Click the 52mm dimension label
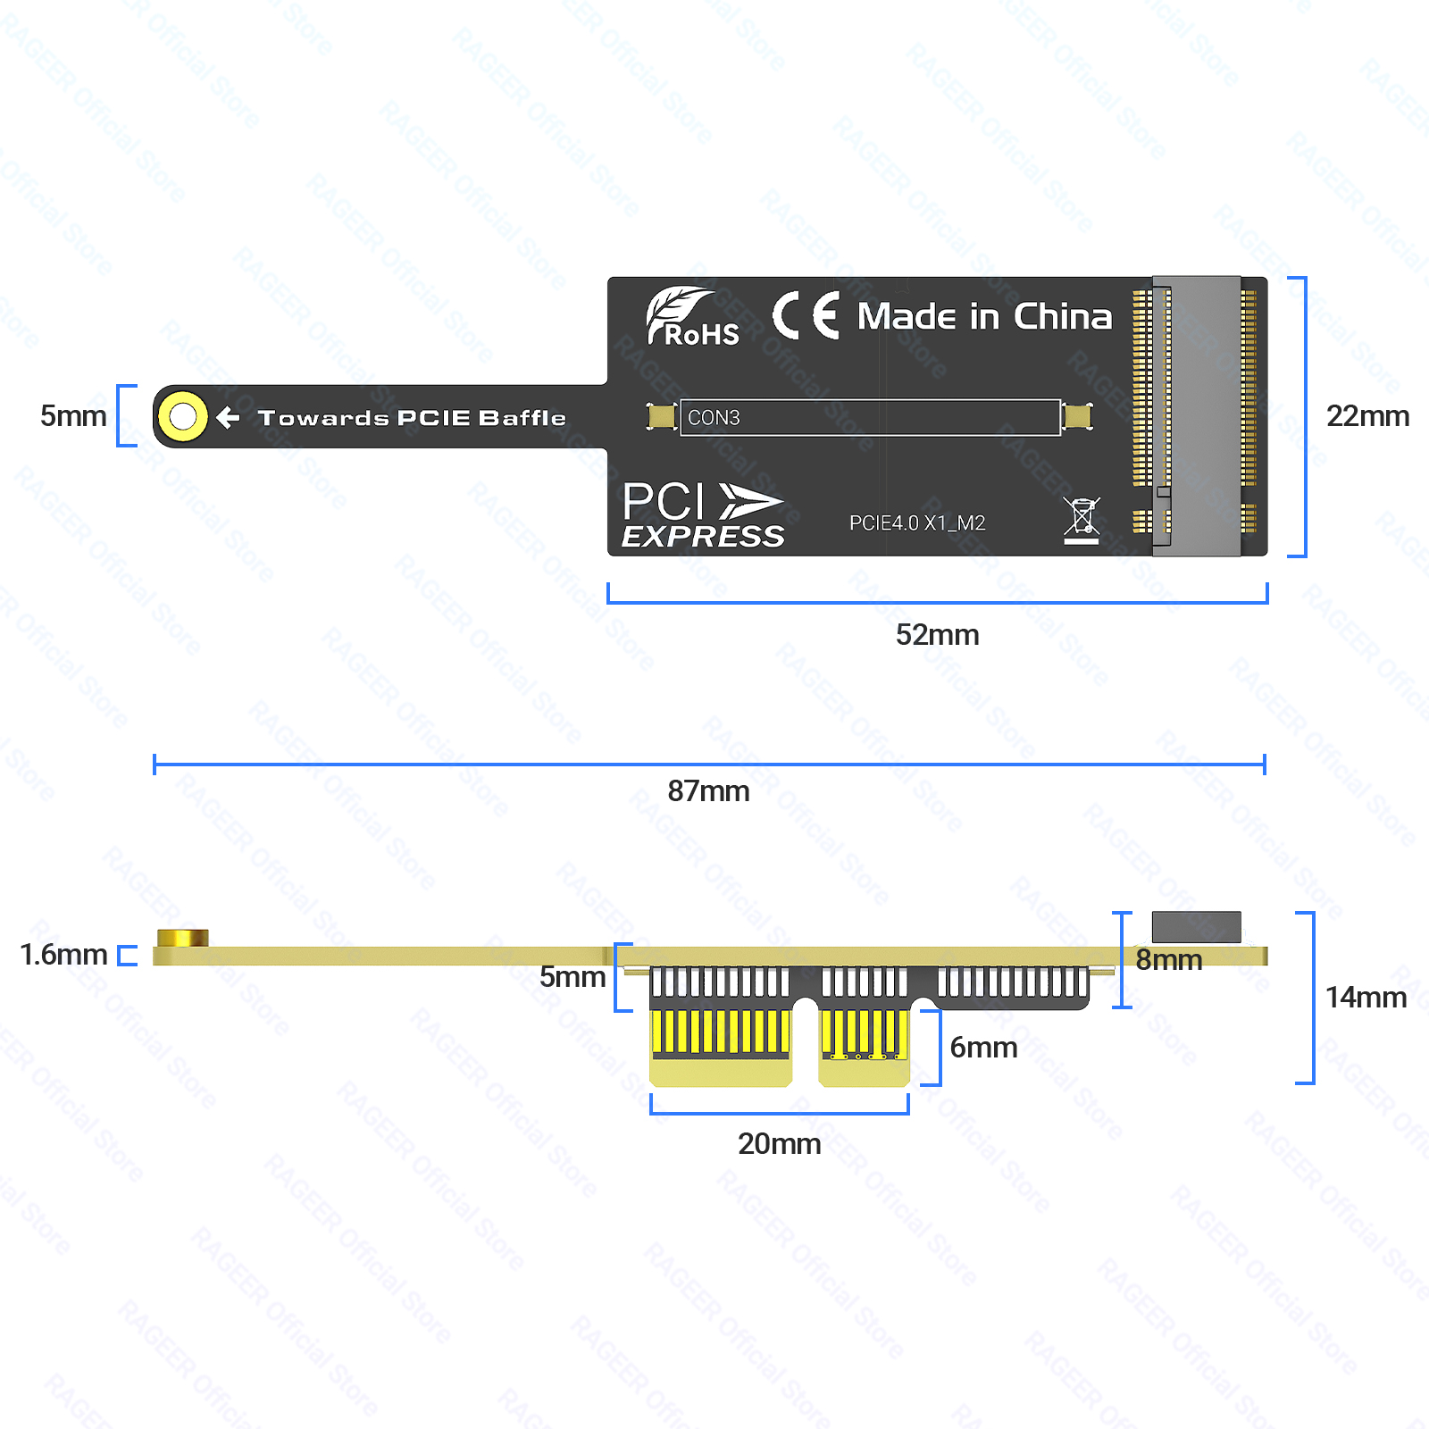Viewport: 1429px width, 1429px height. click(937, 635)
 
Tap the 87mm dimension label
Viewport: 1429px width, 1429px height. click(708, 791)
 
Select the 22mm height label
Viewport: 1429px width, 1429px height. click(1367, 416)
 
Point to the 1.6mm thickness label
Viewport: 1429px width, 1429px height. click(63, 955)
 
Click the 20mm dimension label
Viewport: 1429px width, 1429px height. click(779, 1144)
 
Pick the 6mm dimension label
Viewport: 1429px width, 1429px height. click(983, 1048)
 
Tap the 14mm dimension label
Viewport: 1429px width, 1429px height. click(1366, 998)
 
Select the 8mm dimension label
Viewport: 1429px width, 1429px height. click(1169, 960)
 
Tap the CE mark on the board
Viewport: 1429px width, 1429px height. click(806, 315)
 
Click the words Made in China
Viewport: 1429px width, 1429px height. click(985, 317)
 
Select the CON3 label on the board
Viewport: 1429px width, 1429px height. click(714, 418)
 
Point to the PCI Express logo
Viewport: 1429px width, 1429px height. click(703, 514)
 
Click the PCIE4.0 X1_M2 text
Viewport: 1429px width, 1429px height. click(917, 523)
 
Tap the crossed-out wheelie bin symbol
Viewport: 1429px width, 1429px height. click(1082, 520)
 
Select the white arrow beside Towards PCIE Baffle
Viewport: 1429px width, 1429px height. click(228, 417)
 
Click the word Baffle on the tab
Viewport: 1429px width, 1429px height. click(522, 418)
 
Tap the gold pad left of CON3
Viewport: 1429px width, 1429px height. click(662, 417)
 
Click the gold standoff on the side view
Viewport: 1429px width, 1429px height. click(182, 938)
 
